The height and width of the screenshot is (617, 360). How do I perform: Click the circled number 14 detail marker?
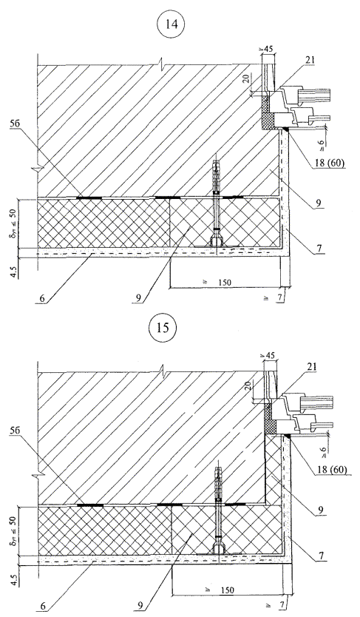pos(172,24)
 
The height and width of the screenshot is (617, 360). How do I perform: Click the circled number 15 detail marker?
pos(163,328)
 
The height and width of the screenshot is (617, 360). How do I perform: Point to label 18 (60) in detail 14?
pos(330,163)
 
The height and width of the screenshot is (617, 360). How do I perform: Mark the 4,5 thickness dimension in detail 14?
pos(14,272)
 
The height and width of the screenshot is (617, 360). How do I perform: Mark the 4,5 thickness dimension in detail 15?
pos(14,579)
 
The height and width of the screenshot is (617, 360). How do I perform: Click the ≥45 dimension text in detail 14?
pos(268,50)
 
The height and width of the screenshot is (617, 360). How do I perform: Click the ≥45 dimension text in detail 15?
pos(268,357)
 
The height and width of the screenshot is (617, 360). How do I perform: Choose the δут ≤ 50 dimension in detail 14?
pos(14,223)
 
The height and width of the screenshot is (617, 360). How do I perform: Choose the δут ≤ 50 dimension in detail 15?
pos(14,530)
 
